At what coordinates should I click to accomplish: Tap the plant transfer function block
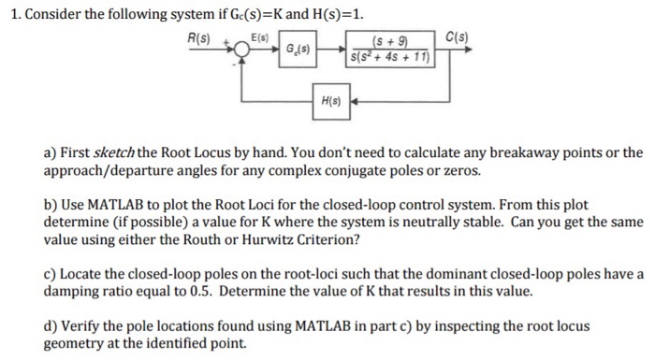coord(386,48)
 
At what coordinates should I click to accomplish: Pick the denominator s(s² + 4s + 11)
coord(386,57)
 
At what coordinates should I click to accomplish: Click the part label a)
coord(52,152)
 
